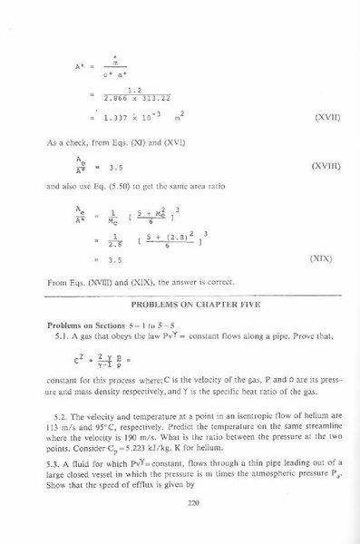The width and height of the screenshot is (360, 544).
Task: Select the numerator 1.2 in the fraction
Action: (135, 89)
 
